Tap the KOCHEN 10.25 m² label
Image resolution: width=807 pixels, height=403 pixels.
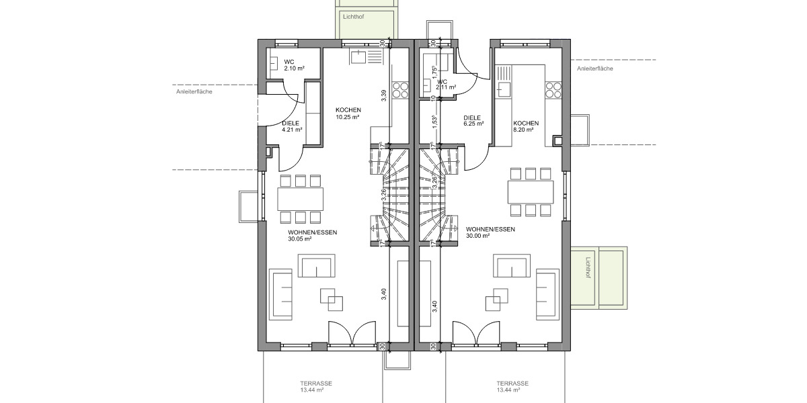(348, 114)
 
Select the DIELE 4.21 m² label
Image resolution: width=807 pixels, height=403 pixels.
(291, 126)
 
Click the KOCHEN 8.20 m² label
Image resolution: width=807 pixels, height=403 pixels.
(525, 127)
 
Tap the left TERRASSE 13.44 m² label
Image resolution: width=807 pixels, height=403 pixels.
(316, 386)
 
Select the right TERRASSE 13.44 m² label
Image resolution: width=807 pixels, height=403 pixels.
(512, 386)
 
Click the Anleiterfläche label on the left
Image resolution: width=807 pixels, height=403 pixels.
(194, 91)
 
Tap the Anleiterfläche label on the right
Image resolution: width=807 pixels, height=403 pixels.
(594, 68)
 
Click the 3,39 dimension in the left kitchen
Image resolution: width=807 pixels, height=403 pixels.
(383, 95)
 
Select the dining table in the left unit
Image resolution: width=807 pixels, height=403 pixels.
(300, 198)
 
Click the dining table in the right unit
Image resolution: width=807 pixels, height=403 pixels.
(531, 191)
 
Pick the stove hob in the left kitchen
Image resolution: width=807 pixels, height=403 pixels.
(400, 90)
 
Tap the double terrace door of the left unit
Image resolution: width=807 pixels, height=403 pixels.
(351, 334)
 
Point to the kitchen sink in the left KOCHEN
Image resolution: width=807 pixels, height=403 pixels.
(358, 57)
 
